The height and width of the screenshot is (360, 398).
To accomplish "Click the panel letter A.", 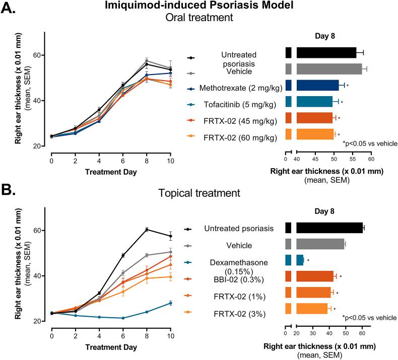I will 10,9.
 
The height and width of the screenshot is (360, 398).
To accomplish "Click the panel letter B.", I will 10,187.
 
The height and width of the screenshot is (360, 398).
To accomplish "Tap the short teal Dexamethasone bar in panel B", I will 300,260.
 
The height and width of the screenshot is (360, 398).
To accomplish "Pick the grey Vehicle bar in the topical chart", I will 320,244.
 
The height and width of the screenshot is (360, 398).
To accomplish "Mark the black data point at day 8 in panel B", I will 147,230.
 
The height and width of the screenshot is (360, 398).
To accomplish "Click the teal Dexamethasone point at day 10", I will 170,303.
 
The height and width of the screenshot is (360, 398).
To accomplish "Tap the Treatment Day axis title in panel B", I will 111,347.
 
